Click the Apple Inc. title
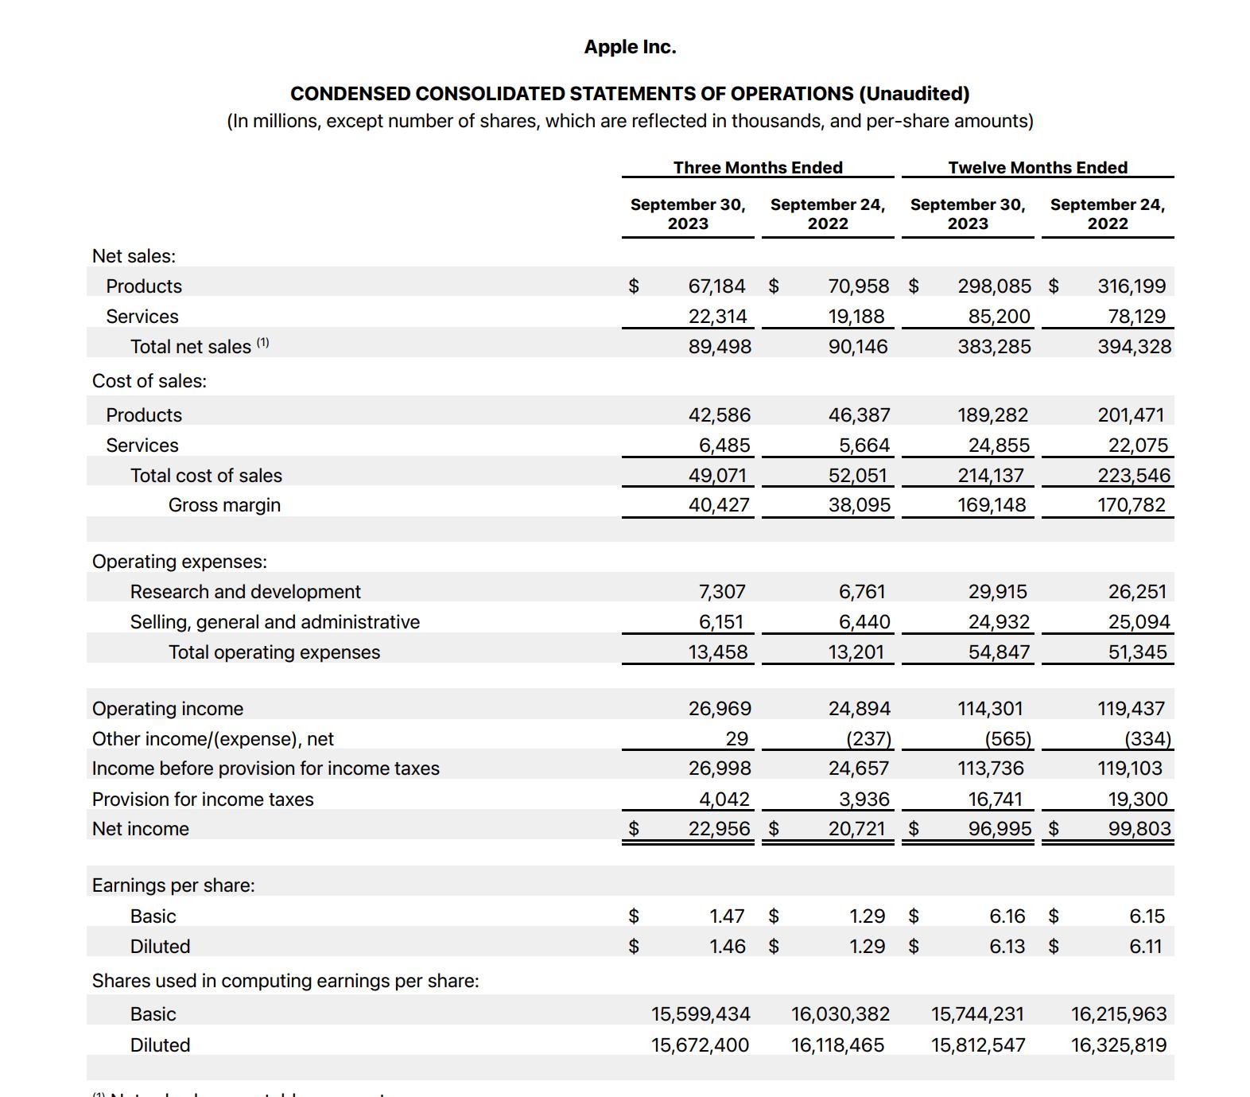(630, 47)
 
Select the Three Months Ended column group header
(758, 168)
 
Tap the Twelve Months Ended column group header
(1038, 168)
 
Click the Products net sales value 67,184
(716, 286)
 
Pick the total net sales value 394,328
(1134, 347)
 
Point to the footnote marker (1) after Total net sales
(262, 344)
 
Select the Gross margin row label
(224, 505)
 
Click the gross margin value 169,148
(992, 505)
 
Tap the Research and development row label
(245, 592)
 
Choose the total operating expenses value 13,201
(856, 652)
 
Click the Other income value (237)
(868, 739)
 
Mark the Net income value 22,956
(719, 829)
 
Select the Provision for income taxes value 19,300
(1138, 799)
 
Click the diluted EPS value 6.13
(1007, 947)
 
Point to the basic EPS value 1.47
(727, 916)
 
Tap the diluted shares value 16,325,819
(1119, 1045)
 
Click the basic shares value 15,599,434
(701, 1014)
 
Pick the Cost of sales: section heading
(149, 381)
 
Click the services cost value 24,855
(999, 445)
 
